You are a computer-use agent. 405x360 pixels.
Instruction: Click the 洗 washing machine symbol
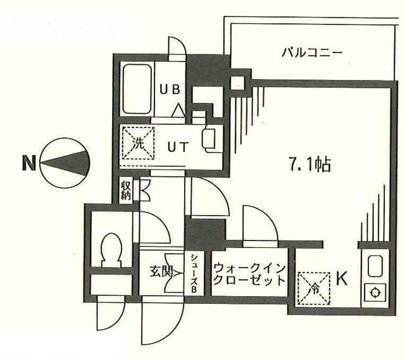[137, 142]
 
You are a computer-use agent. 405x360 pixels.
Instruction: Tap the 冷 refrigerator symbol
[314, 285]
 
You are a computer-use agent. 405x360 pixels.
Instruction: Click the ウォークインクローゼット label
[248, 274]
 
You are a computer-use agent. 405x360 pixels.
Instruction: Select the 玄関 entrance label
[161, 272]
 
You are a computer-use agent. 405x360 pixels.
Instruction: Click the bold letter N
[28, 164]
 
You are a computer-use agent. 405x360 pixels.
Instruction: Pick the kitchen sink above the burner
[374, 268]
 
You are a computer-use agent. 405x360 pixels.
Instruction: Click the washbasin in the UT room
[209, 139]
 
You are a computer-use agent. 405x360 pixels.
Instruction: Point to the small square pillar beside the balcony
[238, 82]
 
